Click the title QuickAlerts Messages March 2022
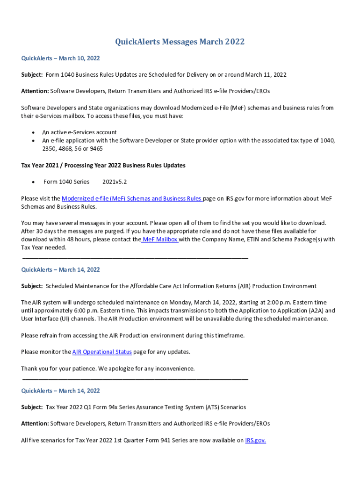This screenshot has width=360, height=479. point(180,42)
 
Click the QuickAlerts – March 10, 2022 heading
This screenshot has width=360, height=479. point(60,58)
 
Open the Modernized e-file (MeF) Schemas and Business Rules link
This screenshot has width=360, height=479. point(132,198)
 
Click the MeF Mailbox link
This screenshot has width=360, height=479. point(160,239)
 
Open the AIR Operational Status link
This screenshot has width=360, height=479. point(102,352)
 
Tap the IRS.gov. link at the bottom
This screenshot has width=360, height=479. point(255,440)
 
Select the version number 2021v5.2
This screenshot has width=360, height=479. point(115,181)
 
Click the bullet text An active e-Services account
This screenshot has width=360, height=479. point(79,132)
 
